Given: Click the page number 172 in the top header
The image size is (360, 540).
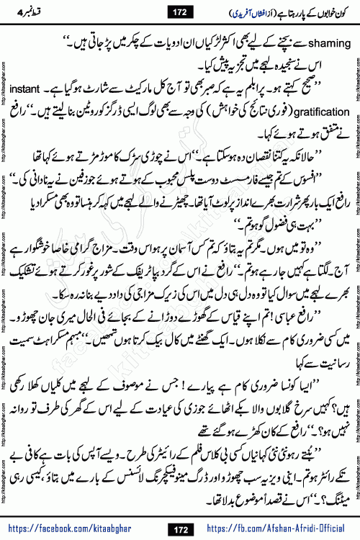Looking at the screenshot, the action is (x=180, y=12).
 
